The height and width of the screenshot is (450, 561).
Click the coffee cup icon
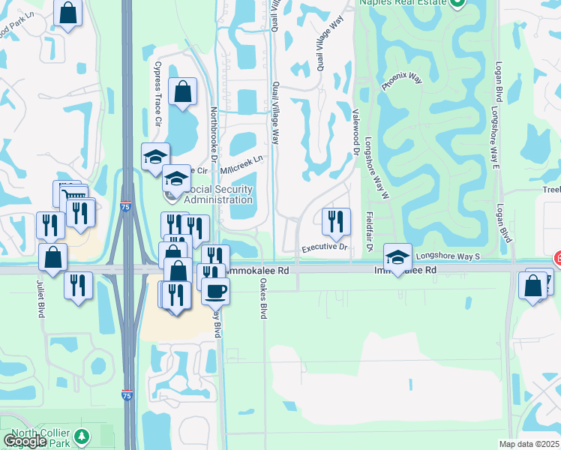pyautogui.click(x=216, y=291)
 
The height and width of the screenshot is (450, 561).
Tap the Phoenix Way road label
pyautogui.click(x=397, y=76)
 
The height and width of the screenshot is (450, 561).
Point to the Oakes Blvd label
pyautogui.click(x=263, y=299)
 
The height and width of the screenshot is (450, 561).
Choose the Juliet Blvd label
pyautogui.click(x=39, y=298)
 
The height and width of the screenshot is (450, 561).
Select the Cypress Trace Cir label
pyautogui.click(x=157, y=94)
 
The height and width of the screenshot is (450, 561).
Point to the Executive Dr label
pyautogui.click(x=325, y=247)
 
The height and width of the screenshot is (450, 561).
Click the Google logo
pyautogui.click(x=25, y=440)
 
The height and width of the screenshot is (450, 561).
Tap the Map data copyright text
pyautogui.click(x=529, y=444)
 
